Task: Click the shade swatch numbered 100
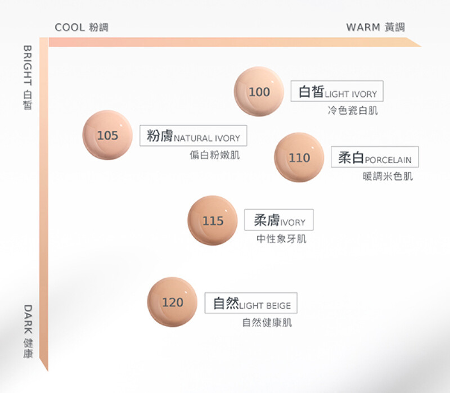pyautogui.click(x=259, y=92)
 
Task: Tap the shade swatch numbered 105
pyautogui.click(x=107, y=135)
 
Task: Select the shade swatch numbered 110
pyautogui.click(x=299, y=157)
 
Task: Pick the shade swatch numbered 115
pyautogui.click(x=213, y=220)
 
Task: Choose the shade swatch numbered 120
pyautogui.click(x=172, y=302)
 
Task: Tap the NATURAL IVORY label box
pyautogui.click(x=193, y=135)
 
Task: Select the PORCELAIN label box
pyautogui.click(x=375, y=157)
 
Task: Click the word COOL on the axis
pyautogui.click(x=70, y=27)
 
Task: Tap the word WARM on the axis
pyautogui.click(x=363, y=27)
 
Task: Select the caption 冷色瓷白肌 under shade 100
pyautogui.click(x=353, y=110)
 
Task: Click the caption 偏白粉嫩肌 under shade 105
pyautogui.click(x=214, y=155)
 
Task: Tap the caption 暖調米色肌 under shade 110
pyautogui.click(x=388, y=176)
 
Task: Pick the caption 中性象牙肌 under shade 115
pyautogui.click(x=281, y=239)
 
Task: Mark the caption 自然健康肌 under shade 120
pyautogui.click(x=267, y=322)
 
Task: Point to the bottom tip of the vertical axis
pyautogui.click(x=46, y=369)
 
